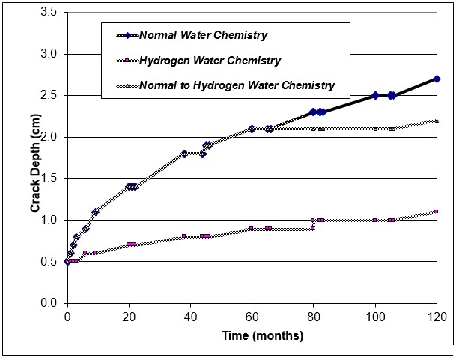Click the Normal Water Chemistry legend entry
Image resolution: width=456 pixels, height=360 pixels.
[x=203, y=35]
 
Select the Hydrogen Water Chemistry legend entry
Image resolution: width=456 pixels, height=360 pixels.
[x=210, y=61]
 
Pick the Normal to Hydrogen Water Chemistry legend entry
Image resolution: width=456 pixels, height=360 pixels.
[x=237, y=85]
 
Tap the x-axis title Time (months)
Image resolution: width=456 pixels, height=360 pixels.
[x=251, y=336]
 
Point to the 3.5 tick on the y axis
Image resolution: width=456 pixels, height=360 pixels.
[x=49, y=13]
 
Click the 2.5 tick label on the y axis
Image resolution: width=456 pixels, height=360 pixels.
[x=49, y=95]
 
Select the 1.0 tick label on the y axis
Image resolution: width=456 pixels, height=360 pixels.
[x=49, y=220]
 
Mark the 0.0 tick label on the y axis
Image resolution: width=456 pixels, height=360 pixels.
[x=49, y=303]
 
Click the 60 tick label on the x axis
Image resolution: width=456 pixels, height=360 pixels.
[x=252, y=316]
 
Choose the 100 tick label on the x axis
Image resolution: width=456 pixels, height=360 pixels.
[x=375, y=316]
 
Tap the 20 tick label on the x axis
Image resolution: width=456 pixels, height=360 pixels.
[x=129, y=316]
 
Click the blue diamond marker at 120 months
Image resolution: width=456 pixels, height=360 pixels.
[x=437, y=79]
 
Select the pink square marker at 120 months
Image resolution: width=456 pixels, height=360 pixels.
[x=437, y=212]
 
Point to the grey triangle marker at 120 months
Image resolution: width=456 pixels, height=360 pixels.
[x=437, y=120]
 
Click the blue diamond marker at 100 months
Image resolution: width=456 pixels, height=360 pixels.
[x=375, y=96]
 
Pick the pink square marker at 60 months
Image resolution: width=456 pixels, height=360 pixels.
[x=252, y=228]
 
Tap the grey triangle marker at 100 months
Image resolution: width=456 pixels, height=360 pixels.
[x=375, y=129]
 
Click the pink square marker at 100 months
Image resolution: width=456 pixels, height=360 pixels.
[x=375, y=220]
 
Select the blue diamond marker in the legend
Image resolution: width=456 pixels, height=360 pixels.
[x=128, y=35]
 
